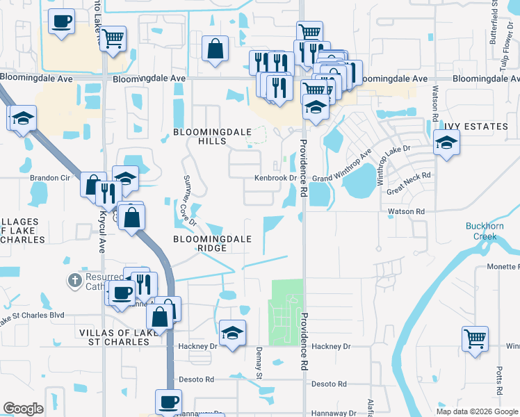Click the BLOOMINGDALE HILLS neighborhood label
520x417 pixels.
tap(200, 136)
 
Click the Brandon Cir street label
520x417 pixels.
tap(50, 177)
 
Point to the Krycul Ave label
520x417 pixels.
tap(103, 223)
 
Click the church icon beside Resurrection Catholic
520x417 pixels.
tap(74, 281)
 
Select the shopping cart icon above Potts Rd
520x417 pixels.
tap(475, 338)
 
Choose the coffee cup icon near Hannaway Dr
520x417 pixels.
tap(168, 402)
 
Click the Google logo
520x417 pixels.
tap(23, 409)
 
